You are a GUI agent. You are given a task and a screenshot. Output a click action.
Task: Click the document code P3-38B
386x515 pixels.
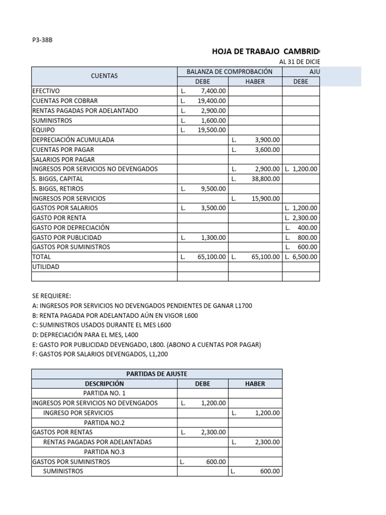[42, 40]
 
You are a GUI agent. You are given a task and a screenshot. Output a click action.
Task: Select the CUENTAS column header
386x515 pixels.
[104, 76]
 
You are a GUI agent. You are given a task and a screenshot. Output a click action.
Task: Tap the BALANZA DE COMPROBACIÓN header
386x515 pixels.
[229, 71]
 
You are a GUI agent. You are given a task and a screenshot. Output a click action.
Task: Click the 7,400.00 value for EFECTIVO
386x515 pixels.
[213, 91]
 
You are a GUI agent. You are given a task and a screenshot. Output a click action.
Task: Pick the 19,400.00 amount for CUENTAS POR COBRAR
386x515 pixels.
[211, 101]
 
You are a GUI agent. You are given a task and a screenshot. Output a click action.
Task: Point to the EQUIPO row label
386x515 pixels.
[44, 130]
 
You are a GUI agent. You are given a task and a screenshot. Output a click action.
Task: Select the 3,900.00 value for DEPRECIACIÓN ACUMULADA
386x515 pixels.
[267, 140]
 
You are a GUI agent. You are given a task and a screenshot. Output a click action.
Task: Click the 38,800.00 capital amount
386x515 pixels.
[266, 179]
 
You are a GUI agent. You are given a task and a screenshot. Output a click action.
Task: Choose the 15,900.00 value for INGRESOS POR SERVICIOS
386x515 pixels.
[266, 198]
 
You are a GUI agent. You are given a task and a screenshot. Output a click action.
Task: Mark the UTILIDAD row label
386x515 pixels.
[45, 267]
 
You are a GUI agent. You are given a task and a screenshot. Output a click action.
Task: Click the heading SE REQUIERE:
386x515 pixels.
[51, 296]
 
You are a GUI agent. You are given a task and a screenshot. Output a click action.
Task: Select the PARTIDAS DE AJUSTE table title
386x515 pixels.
[156, 374]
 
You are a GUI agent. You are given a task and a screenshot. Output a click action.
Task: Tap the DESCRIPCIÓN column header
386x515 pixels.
[104, 384]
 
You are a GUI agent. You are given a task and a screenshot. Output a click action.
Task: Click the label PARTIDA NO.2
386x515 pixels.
[104, 422]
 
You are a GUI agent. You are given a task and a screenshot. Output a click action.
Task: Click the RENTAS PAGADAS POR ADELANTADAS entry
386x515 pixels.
[98, 442]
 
